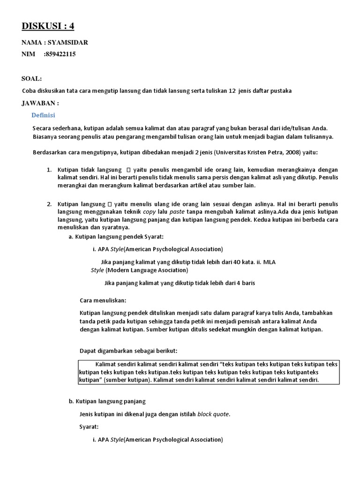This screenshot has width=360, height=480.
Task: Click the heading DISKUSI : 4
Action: point(47,26)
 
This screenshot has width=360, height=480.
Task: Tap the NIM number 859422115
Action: point(60,54)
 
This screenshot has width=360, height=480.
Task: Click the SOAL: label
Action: point(31,78)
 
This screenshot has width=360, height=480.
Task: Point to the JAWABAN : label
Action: point(40,103)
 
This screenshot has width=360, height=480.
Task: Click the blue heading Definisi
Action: point(43,115)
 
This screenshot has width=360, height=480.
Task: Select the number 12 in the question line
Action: point(232,91)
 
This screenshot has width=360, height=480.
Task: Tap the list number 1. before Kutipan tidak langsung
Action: point(49,169)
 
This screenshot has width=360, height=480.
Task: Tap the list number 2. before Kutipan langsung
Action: point(49,204)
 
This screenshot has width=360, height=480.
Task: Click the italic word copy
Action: point(149,211)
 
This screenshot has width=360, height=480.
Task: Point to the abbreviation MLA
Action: point(270,262)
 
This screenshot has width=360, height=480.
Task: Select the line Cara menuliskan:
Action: point(103,300)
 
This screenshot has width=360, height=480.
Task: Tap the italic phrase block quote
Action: point(214,414)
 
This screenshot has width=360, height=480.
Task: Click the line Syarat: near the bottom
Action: point(89,427)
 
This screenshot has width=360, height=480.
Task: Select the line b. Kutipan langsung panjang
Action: point(107,401)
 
